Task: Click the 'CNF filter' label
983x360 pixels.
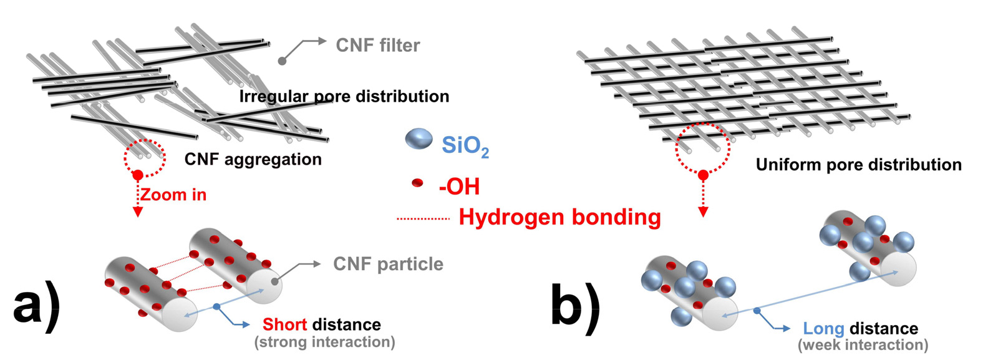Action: pyautogui.click(x=377, y=45)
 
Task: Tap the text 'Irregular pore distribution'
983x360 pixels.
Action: pyautogui.click(x=344, y=96)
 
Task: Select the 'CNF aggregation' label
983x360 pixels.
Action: pyautogui.click(x=253, y=159)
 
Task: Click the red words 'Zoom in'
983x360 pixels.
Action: pyautogui.click(x=173, y=195)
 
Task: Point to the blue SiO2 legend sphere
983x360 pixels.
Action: pyautogui.click(x=419, y=139)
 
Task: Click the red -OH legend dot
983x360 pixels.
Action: pyautogui.click(x=417, y=183)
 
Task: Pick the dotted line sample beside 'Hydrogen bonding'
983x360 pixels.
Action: pyautogui.click(x=423, y=219)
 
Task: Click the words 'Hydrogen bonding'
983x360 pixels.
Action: pyautogui.click(x=559, y=217)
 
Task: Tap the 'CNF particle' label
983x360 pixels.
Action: pyautogui.click(x=388, y=264)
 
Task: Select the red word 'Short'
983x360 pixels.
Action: pyautogui.click(x=284, y=324)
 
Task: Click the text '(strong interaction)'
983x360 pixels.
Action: pyautogui.click(x=324, y=342)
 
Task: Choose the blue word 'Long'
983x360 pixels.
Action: pyautogui.click(x=823, y=329)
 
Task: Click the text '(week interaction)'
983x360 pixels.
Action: pyautogui.click(x=863, y=344)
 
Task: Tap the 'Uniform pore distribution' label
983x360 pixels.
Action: pyautogui.click(x=858, y=165)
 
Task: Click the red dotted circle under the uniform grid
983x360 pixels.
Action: pyautogui.click(x=703, y=148)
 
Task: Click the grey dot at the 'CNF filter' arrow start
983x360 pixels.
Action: pyautogui.click(x=282, y=61)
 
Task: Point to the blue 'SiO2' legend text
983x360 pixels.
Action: pyautogui.click(x=465, y=146)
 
